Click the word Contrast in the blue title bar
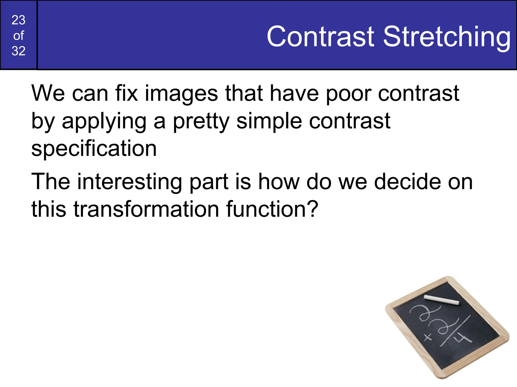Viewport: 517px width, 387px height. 320,37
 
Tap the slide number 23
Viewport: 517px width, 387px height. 18,20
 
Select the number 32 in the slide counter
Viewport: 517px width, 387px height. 18,51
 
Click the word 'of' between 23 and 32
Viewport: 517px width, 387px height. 18,36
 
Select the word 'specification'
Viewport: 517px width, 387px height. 94,149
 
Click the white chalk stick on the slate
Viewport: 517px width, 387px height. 441,300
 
